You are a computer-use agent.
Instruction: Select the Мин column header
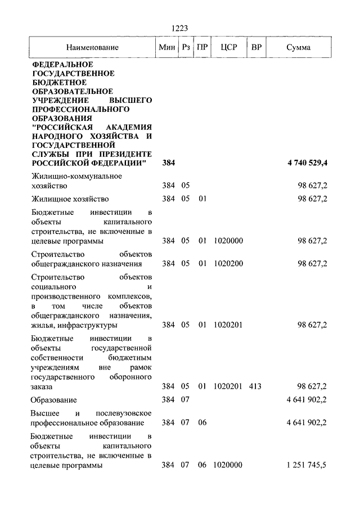pyautogui.click(x=167, y=47)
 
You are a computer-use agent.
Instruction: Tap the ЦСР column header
pyautogui.click(x=228, y=47)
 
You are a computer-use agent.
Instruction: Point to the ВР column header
pyautogui.click(x=256, y=47)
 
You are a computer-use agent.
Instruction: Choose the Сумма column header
pyautogui.click(x=298, y=47)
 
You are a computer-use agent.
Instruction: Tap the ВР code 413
pyautogui.click(x=254, y=386)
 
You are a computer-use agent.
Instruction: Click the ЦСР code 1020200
pyautogui.click(x=228, y=263)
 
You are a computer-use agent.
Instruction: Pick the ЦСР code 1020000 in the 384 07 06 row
pyautogui.click(x=228, y=465)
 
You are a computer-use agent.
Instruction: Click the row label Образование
pyautogui.click(x=54, y=400)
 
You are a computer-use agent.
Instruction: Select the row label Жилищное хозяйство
pyautogui.click(x=70, y=199)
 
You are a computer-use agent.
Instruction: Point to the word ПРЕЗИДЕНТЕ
pyautogui.click(x=125, y=154)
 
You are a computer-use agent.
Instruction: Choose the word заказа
pyautogui.click(x=42, y=387)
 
